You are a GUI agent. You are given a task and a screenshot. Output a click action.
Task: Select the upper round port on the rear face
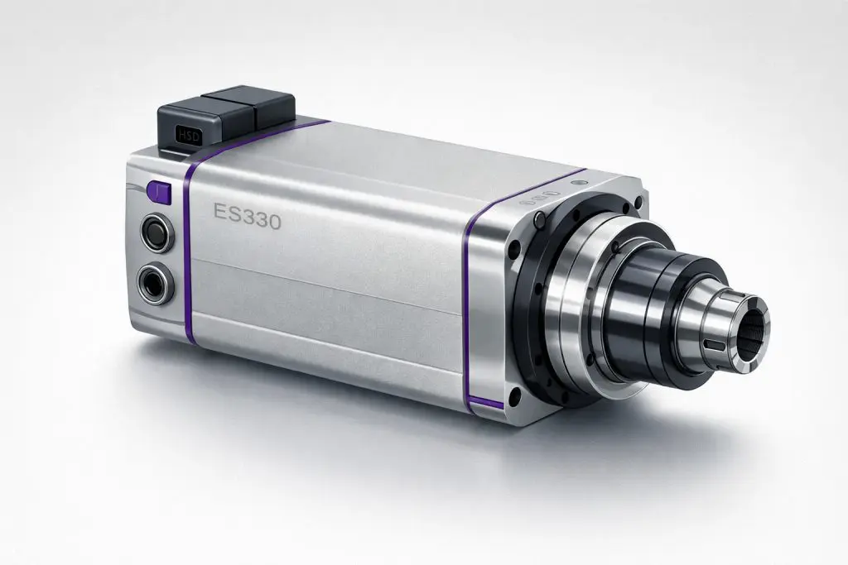pyautogui.click(x=157, y=232)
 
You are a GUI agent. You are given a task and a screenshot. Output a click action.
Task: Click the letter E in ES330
pyautogui.click(x=220, y=212)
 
